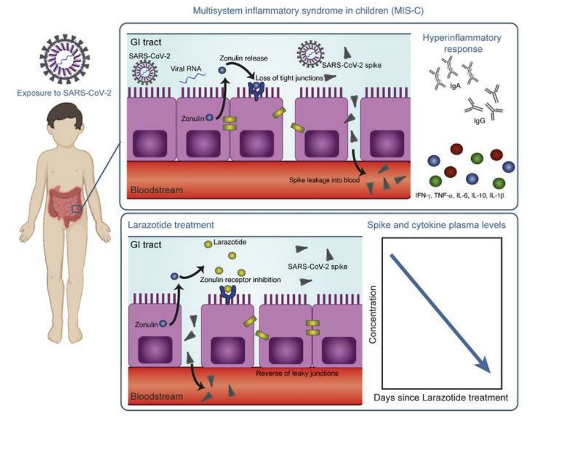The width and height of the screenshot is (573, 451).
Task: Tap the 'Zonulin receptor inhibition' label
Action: [240, 279]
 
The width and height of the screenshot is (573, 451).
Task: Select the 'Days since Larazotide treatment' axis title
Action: [441, 397]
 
